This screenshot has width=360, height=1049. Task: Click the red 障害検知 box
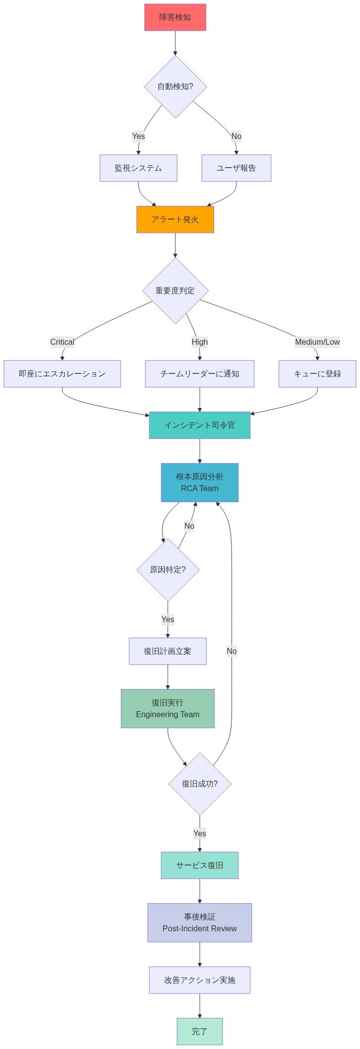[175, 17]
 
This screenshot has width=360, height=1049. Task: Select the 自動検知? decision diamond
[175, 87]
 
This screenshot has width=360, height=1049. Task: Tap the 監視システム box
[138, 168]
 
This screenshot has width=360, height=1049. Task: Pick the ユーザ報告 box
[236, 168]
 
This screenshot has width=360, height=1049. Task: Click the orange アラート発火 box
[175, 220]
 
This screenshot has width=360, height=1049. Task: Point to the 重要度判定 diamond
[175, 291]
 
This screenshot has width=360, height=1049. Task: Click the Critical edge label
[62, 342]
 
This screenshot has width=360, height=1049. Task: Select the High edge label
[200, 342]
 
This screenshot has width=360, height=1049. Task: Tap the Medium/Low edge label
[317, 342]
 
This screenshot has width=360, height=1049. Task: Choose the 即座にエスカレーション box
[62, 374]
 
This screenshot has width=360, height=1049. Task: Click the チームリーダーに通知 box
[200, 374]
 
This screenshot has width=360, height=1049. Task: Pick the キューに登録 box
[317, 374]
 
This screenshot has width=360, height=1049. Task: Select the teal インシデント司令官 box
[200, 425]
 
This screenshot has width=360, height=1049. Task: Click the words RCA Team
[200, 489]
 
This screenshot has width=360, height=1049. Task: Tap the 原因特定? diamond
[168, 570]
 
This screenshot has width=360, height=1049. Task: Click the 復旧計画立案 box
[168, 651]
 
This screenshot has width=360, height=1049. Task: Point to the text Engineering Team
[168, 715]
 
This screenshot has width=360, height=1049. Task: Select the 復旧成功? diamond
[200, 784]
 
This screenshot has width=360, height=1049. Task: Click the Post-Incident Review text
[200, 929]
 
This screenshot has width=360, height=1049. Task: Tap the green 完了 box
[200, 1032]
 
